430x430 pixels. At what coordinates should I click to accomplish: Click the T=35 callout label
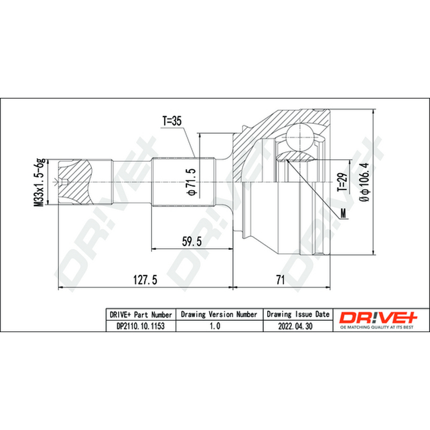pos(172,121)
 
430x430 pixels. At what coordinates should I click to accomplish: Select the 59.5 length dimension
pos(192,241)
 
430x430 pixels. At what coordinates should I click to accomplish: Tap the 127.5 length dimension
pos(145,280)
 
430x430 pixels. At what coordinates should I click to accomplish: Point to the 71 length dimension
pos(280,280)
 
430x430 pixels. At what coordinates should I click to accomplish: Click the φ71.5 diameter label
pos(192,182)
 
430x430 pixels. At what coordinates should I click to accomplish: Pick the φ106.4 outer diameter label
pos(365,182)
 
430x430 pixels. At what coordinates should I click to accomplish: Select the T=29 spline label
pos(342,182)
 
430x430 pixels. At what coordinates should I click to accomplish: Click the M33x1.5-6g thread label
pos(39,183)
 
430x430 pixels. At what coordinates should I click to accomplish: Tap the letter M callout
pos(343,213)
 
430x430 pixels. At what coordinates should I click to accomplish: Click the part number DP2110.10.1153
pos(141,326)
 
